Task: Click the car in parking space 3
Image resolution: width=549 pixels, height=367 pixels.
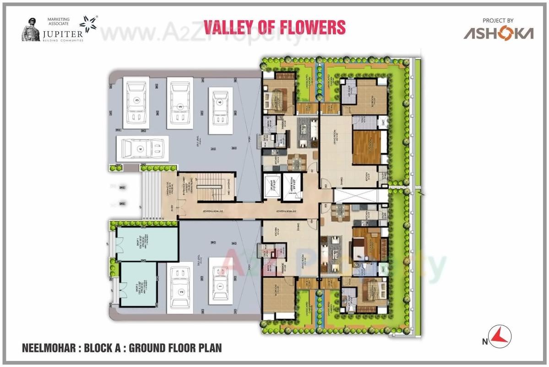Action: pos(136,103)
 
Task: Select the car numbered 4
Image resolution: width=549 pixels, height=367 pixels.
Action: pos(141,148)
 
